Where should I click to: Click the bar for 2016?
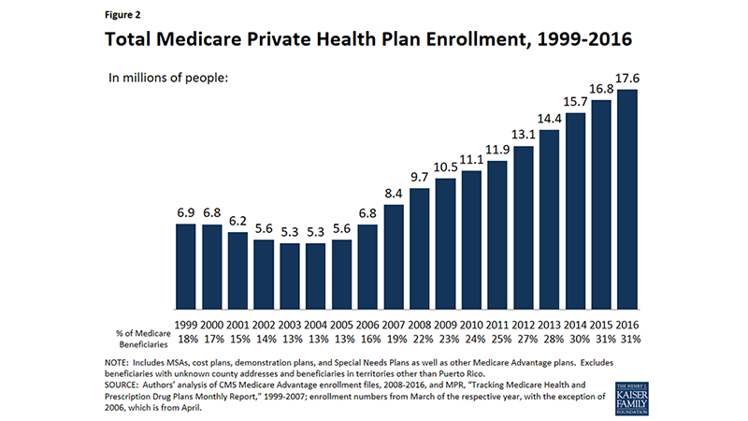(627, 200)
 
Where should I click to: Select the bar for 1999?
(185, 268)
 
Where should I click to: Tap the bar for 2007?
(394, 257)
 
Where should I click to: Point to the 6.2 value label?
(237, 221)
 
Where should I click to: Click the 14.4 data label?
(549, 119)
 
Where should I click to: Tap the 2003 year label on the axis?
(290, 324)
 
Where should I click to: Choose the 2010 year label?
(471, 324)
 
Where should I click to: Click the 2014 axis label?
(575, 324)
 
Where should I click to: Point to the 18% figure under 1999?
(185, 338)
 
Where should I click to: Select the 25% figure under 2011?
(497, 338)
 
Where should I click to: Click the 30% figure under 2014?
(575, 338)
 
